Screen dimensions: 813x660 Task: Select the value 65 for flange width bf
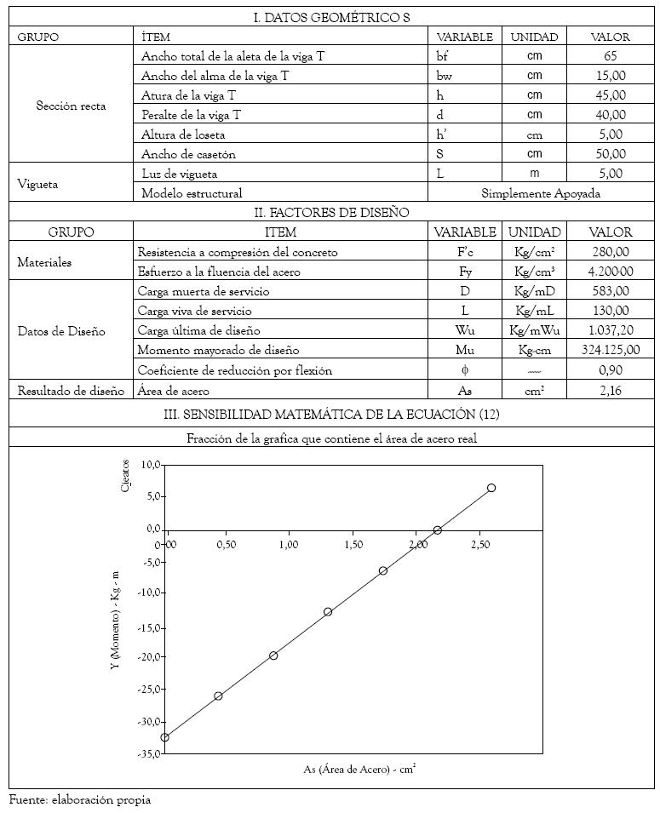click(610, 56)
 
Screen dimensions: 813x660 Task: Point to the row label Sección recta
click(71, 106)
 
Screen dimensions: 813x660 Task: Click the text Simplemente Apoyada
click(541, 193)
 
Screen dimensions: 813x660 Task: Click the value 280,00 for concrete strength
click(610, 252)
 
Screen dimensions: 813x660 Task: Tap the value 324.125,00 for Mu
click(609, 350)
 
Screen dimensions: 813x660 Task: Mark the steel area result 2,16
click(610, 390)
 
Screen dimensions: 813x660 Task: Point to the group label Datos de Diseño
click(61, 330)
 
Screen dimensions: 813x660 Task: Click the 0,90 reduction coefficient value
click(610, 370)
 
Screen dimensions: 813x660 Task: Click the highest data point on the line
click(491, 488)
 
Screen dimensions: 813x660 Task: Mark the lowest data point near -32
click(164, 737)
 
